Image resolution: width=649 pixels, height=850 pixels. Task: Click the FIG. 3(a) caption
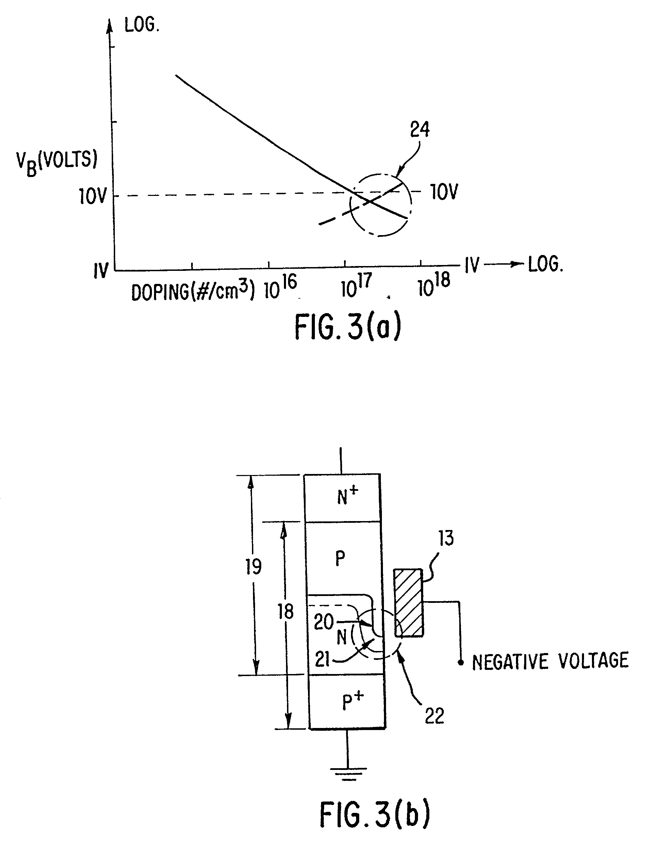[x=348, y=327]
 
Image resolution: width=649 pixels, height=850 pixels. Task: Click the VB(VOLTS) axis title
[x=56, y=162]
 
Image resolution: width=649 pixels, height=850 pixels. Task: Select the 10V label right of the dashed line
[x=444, y=192]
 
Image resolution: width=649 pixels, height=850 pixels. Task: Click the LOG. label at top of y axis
[x=142, y=25]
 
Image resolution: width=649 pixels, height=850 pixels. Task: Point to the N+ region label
[x=347, y=496]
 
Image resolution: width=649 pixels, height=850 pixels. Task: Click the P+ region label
[x=353, y=700]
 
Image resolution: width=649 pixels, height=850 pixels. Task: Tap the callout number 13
[x=446, y=538]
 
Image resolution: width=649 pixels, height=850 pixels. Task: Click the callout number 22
[x=434, y=716]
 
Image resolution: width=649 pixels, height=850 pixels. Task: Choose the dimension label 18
[x=285, y=612]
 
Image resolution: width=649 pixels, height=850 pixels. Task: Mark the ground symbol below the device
[x=349, y=772]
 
